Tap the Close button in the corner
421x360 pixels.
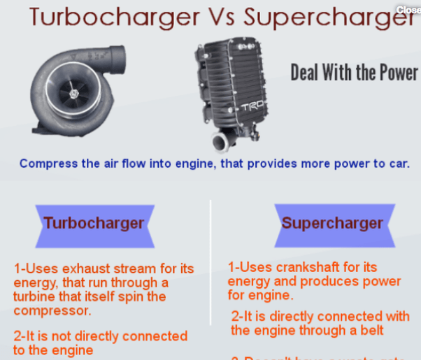[408, 10]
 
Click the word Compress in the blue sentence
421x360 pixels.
[44, 164]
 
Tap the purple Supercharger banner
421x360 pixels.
[332, 224]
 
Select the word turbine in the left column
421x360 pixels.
[34, 297]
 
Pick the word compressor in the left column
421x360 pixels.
[52, 311]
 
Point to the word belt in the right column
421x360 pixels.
[371, 330]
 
